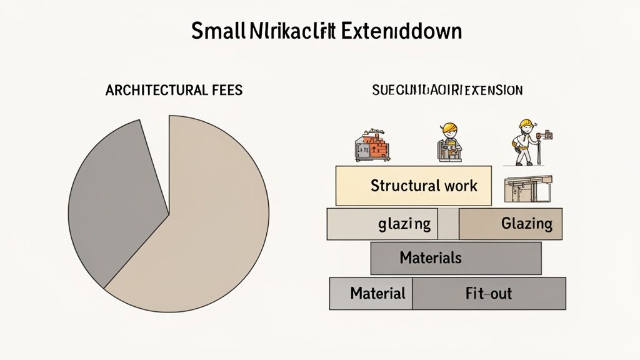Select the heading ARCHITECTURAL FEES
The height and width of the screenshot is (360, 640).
click(174, 90)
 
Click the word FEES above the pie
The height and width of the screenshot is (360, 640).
click(223, 90)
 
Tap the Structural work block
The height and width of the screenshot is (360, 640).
click(413, 186)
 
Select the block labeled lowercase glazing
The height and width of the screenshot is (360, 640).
click(382, 224)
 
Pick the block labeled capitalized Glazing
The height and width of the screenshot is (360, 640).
click(511, 224)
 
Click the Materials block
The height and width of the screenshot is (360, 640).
click(456, 258)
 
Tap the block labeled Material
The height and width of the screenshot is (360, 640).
click(371, 293)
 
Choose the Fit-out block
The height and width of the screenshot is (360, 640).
click(489, 293)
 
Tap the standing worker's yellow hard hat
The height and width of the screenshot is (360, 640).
click(526, 123)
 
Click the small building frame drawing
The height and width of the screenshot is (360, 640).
click(527, 189)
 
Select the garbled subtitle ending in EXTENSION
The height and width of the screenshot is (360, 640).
click(447, 90)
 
